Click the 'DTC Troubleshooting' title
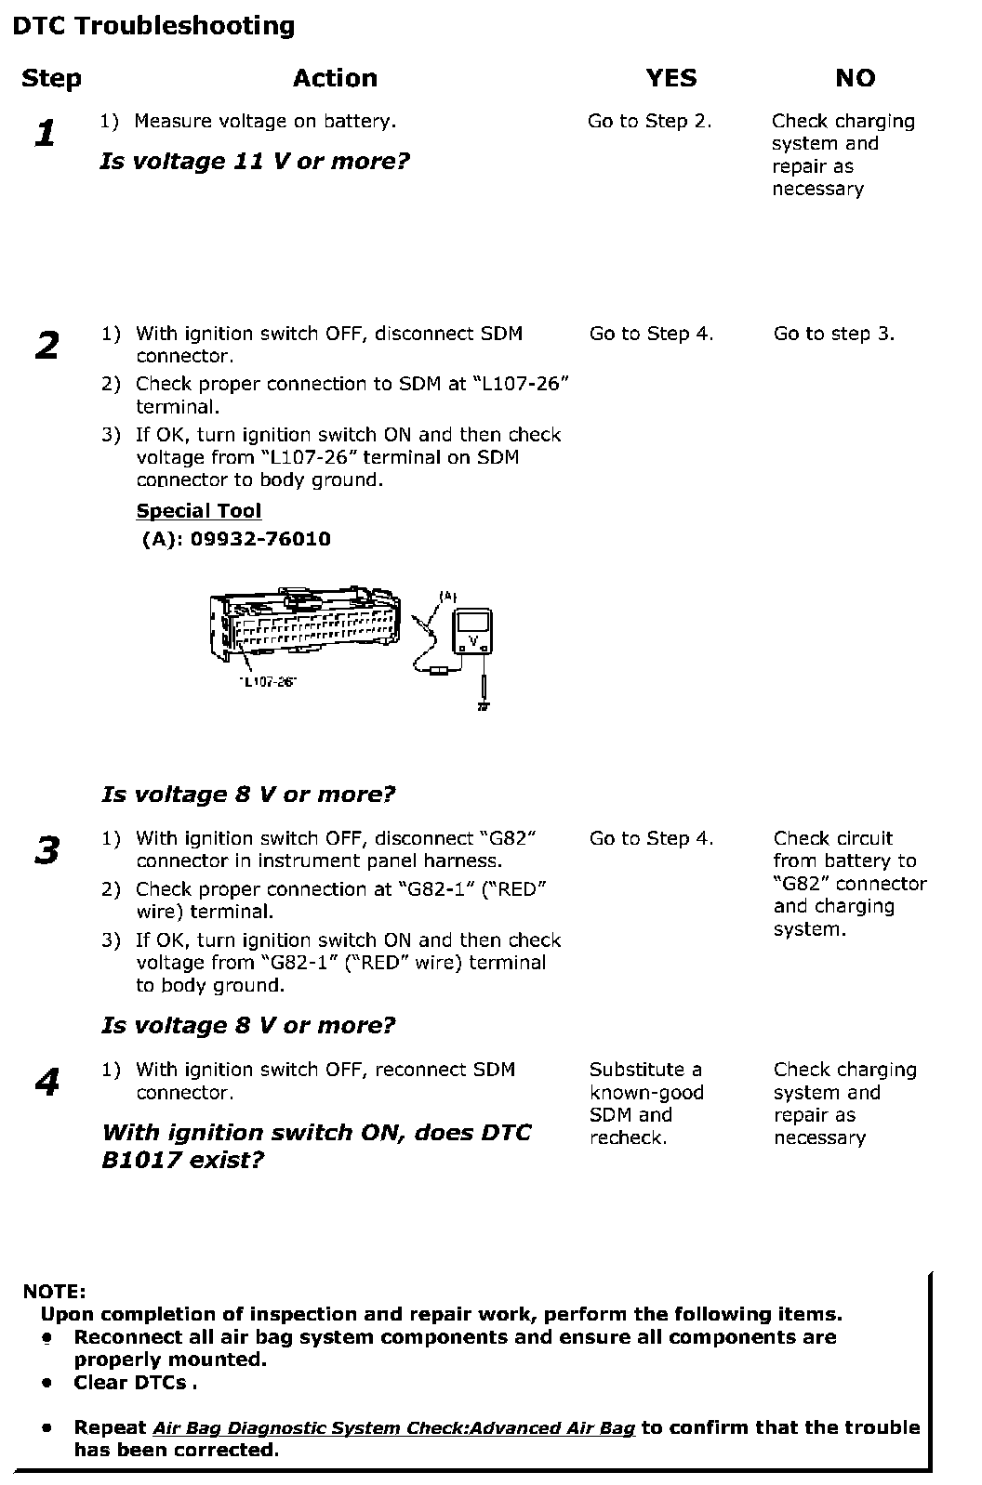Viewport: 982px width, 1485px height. tap(153, 26)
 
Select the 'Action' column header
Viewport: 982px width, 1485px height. tap(335, 78)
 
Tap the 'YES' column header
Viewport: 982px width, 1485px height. tap(670, 78)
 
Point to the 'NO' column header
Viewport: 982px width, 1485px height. tap(855, 78)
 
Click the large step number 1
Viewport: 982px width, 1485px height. tap(45, 134)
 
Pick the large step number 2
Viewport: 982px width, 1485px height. tap(46, 346)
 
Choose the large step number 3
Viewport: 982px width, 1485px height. tap(46, 850)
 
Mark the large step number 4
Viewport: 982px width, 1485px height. tap(46, 1082)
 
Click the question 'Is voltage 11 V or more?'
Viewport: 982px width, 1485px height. tap(255, 162)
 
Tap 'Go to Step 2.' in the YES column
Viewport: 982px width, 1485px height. tap(649, 121)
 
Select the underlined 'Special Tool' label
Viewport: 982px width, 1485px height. tap(199, 511)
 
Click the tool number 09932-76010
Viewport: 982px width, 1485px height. tap(260, 539)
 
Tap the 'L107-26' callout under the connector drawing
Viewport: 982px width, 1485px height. tap(267, 682)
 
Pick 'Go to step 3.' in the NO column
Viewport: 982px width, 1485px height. tap(833, 334)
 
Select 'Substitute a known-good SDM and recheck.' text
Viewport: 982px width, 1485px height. tap(645, 1103)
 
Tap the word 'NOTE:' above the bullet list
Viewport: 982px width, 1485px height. tap(54, 1292)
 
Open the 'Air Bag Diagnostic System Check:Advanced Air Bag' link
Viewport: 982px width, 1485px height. tap(393, 1428)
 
